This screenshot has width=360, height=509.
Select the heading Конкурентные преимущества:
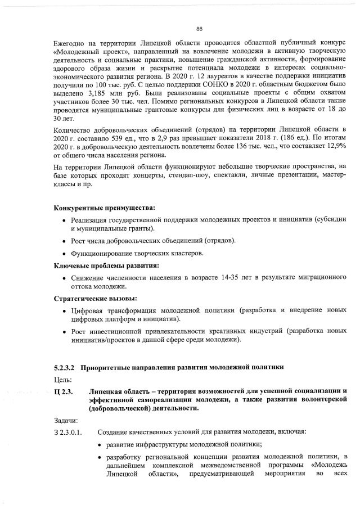[x=104, y=209]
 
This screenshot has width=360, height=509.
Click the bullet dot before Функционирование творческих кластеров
[x=65, y=254]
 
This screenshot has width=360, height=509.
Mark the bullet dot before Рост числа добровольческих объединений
[x=65, y=241]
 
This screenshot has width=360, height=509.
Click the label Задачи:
[x=66, y=421]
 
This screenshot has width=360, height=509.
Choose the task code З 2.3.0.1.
[x=68, y=433]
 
